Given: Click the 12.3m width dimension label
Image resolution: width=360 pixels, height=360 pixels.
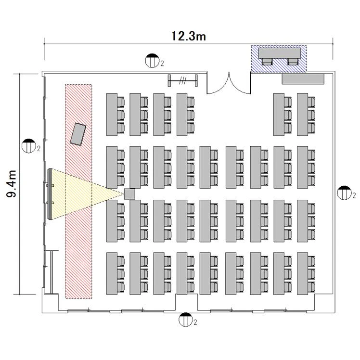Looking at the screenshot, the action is click(x=189, y=36).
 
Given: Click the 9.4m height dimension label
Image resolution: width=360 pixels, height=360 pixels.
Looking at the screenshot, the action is click(x=12, y=184).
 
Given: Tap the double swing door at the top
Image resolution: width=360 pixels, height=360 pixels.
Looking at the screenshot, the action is click(x=229, y=83).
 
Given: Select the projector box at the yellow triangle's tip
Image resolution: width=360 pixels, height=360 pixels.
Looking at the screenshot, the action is click(x=129, y=194).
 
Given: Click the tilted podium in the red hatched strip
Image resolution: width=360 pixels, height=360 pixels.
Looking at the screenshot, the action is click(x=78, y=134).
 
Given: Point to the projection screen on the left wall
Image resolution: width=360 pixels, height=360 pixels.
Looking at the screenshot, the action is click(x=50, y=194).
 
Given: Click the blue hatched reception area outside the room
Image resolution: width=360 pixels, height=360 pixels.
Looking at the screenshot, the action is click(x=279, y=59).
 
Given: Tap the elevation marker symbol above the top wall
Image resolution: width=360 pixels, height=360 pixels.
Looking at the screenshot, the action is click(x=152, y=61).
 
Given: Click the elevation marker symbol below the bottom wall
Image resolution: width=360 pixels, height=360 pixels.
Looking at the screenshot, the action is click(x=185, y=320).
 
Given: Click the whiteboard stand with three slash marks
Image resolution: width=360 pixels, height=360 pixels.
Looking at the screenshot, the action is click(x=183, y=80).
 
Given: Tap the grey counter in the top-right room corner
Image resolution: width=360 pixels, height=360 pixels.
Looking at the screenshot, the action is click(x=303, y=79).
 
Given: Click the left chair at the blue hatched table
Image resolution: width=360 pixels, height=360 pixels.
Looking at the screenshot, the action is click(x=267, y=62).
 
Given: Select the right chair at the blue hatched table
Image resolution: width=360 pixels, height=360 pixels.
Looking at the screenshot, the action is click(x=293, y=62).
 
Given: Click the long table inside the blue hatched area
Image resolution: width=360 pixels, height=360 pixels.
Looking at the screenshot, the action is click(x=280, y=53).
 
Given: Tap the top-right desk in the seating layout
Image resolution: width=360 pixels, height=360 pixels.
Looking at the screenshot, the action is click(x=303, y=115).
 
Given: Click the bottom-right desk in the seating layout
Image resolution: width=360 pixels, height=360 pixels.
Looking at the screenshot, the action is click(x=303, y=274).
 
